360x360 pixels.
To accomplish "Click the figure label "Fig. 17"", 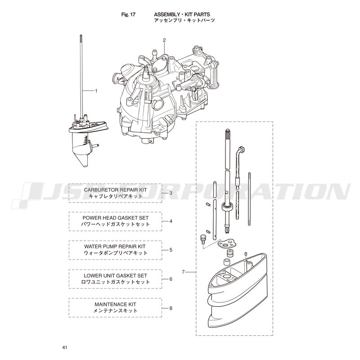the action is (x=128, y=14).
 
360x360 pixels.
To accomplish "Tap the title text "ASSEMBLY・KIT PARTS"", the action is (x=182, y=14).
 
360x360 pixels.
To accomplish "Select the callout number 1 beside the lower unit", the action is (x=96, y=91).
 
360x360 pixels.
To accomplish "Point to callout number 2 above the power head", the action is (x=164, y=40).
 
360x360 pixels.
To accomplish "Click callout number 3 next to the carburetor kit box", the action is (x=171, y=193).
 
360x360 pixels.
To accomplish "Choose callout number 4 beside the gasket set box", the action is (x=171, y=221).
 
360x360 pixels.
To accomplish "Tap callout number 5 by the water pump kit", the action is (x=171, y=250).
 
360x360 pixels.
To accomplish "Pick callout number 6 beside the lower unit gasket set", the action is (x=171, y=279).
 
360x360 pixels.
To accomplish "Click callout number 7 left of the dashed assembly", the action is (x=183, y=272).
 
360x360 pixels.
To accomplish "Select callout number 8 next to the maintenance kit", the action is (x=171, y=308).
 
